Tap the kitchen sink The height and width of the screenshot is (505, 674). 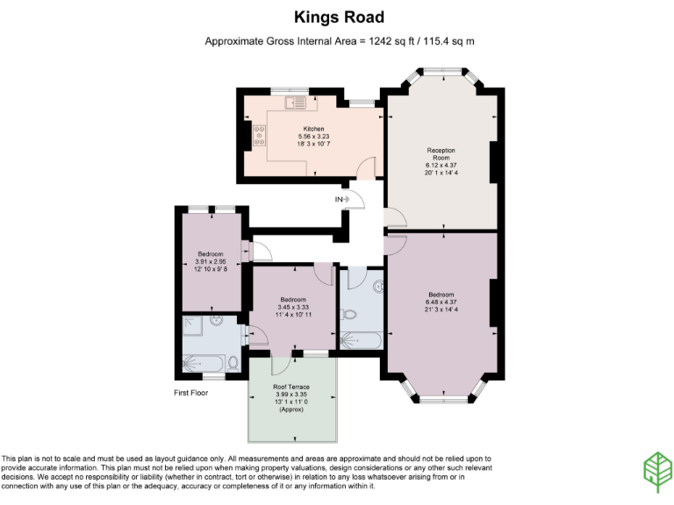tap(294, 103)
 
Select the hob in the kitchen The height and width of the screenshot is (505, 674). tap(261, 135)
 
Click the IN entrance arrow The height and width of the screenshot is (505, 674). tap(343, 199)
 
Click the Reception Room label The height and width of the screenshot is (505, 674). tap(441, 154)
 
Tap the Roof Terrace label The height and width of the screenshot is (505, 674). tap(291, 386)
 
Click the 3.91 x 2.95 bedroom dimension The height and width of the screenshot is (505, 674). tap(211, 261)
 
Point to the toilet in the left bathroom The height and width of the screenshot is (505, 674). tap(232, 361)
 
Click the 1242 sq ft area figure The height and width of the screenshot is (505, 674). tap(378, 41)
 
